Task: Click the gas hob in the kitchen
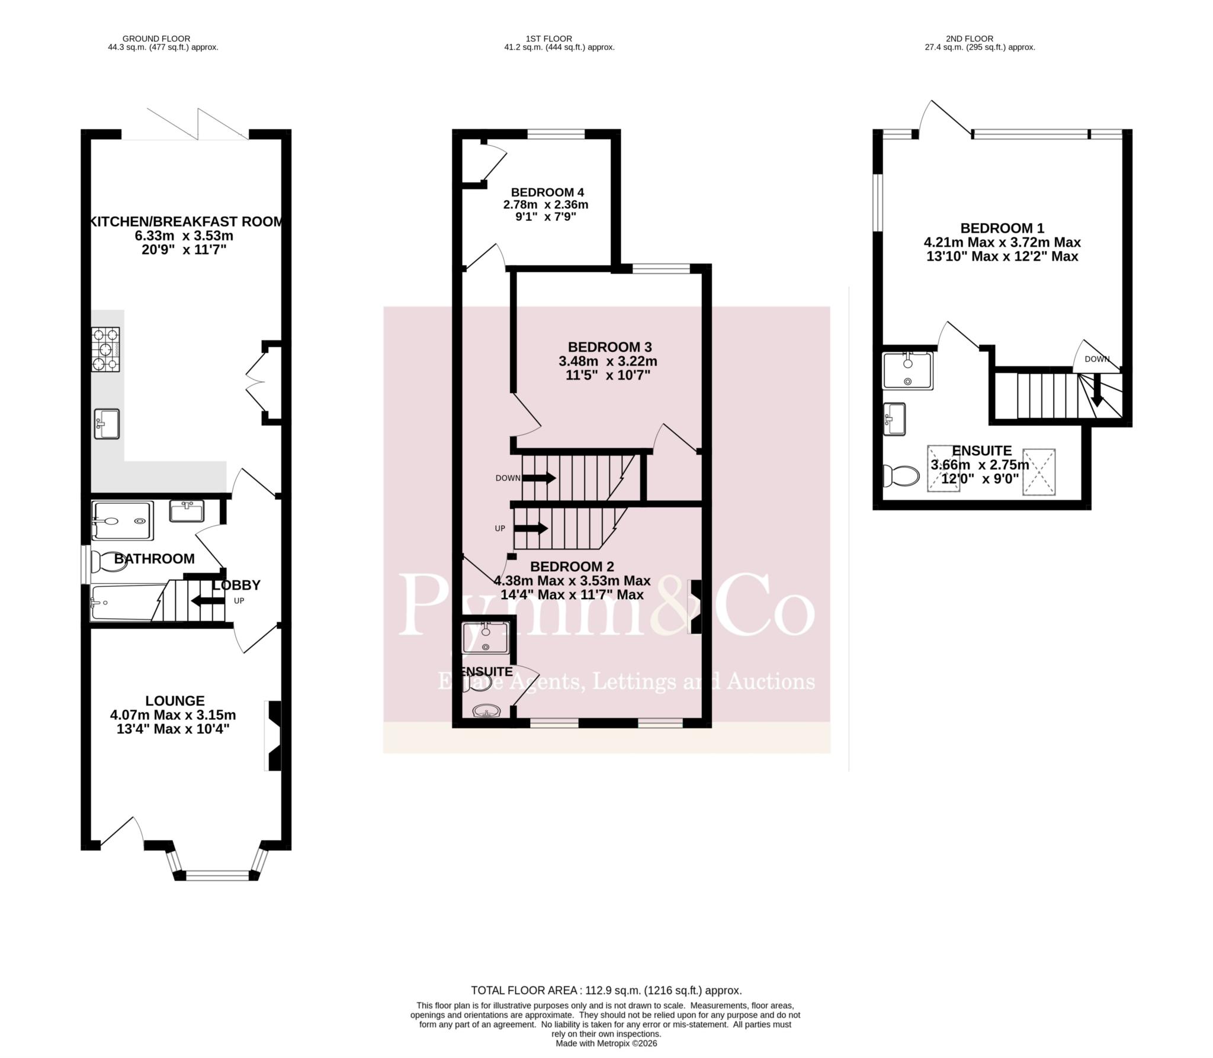(x=105, y=349)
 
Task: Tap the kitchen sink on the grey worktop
(x=107, y=424)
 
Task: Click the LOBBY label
(x=236, y=585)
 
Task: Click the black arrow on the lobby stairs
(x=204, y=602)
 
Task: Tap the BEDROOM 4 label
(x=547, y=192)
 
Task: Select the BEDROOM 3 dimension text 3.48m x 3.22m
(x=608, y=361)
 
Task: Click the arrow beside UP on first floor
(x=531, y=528)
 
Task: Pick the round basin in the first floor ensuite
(x=487, y=710)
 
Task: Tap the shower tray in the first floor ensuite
(x=486, y=637)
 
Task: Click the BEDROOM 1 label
(x=1002, y=228)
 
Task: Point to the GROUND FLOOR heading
(x=156, y=38)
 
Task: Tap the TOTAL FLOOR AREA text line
(x=606, y=990)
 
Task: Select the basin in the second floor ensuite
(x=894, y=419)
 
